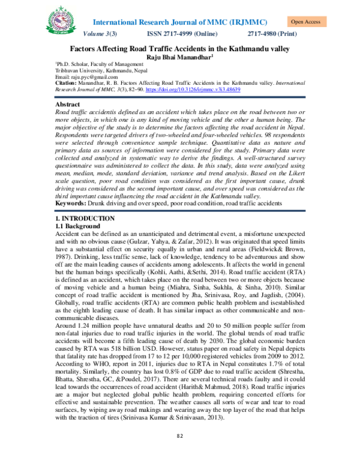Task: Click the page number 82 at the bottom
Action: click(x=179, y=453)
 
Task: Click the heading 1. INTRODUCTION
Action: click(x=81, y=218)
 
